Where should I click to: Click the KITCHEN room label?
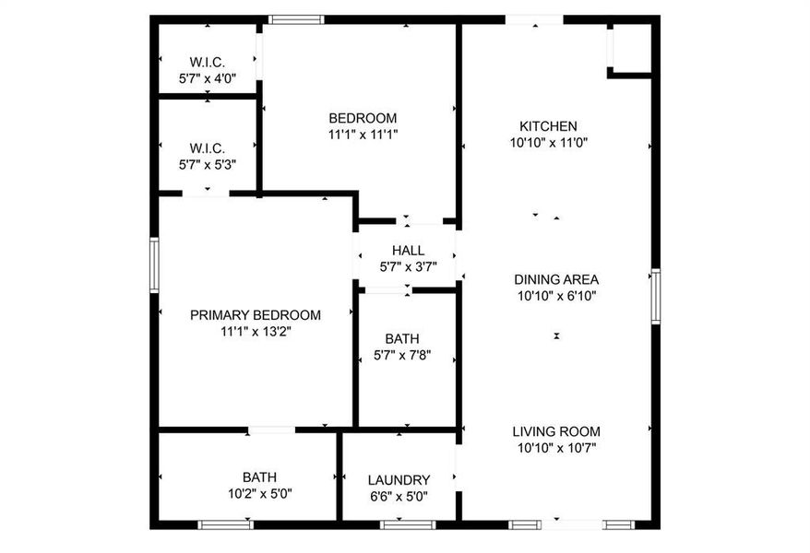coord(548,126)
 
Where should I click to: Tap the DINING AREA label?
coord(556,279)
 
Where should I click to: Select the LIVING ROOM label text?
coord(556,431)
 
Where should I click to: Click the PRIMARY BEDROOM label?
coord(256,315)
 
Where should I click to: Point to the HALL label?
coord(408,251)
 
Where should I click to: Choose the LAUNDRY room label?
coord(399,480)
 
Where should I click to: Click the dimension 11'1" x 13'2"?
coord(256,331)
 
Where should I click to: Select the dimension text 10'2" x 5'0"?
coord(259,494)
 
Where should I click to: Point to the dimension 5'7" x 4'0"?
coord(208,79)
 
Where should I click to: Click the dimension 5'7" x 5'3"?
coord(208,165)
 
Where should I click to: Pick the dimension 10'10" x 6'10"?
coord(556,296)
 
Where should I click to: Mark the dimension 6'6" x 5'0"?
coord(399,496)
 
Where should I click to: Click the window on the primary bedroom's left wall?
coord(155,265)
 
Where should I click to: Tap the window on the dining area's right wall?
coord(655,296)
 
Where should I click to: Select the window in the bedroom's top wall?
coord(296,19)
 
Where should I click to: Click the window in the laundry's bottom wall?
coord(408,524)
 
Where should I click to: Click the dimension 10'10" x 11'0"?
coord(548,143)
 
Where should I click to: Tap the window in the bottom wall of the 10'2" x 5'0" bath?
coord(226,524)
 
